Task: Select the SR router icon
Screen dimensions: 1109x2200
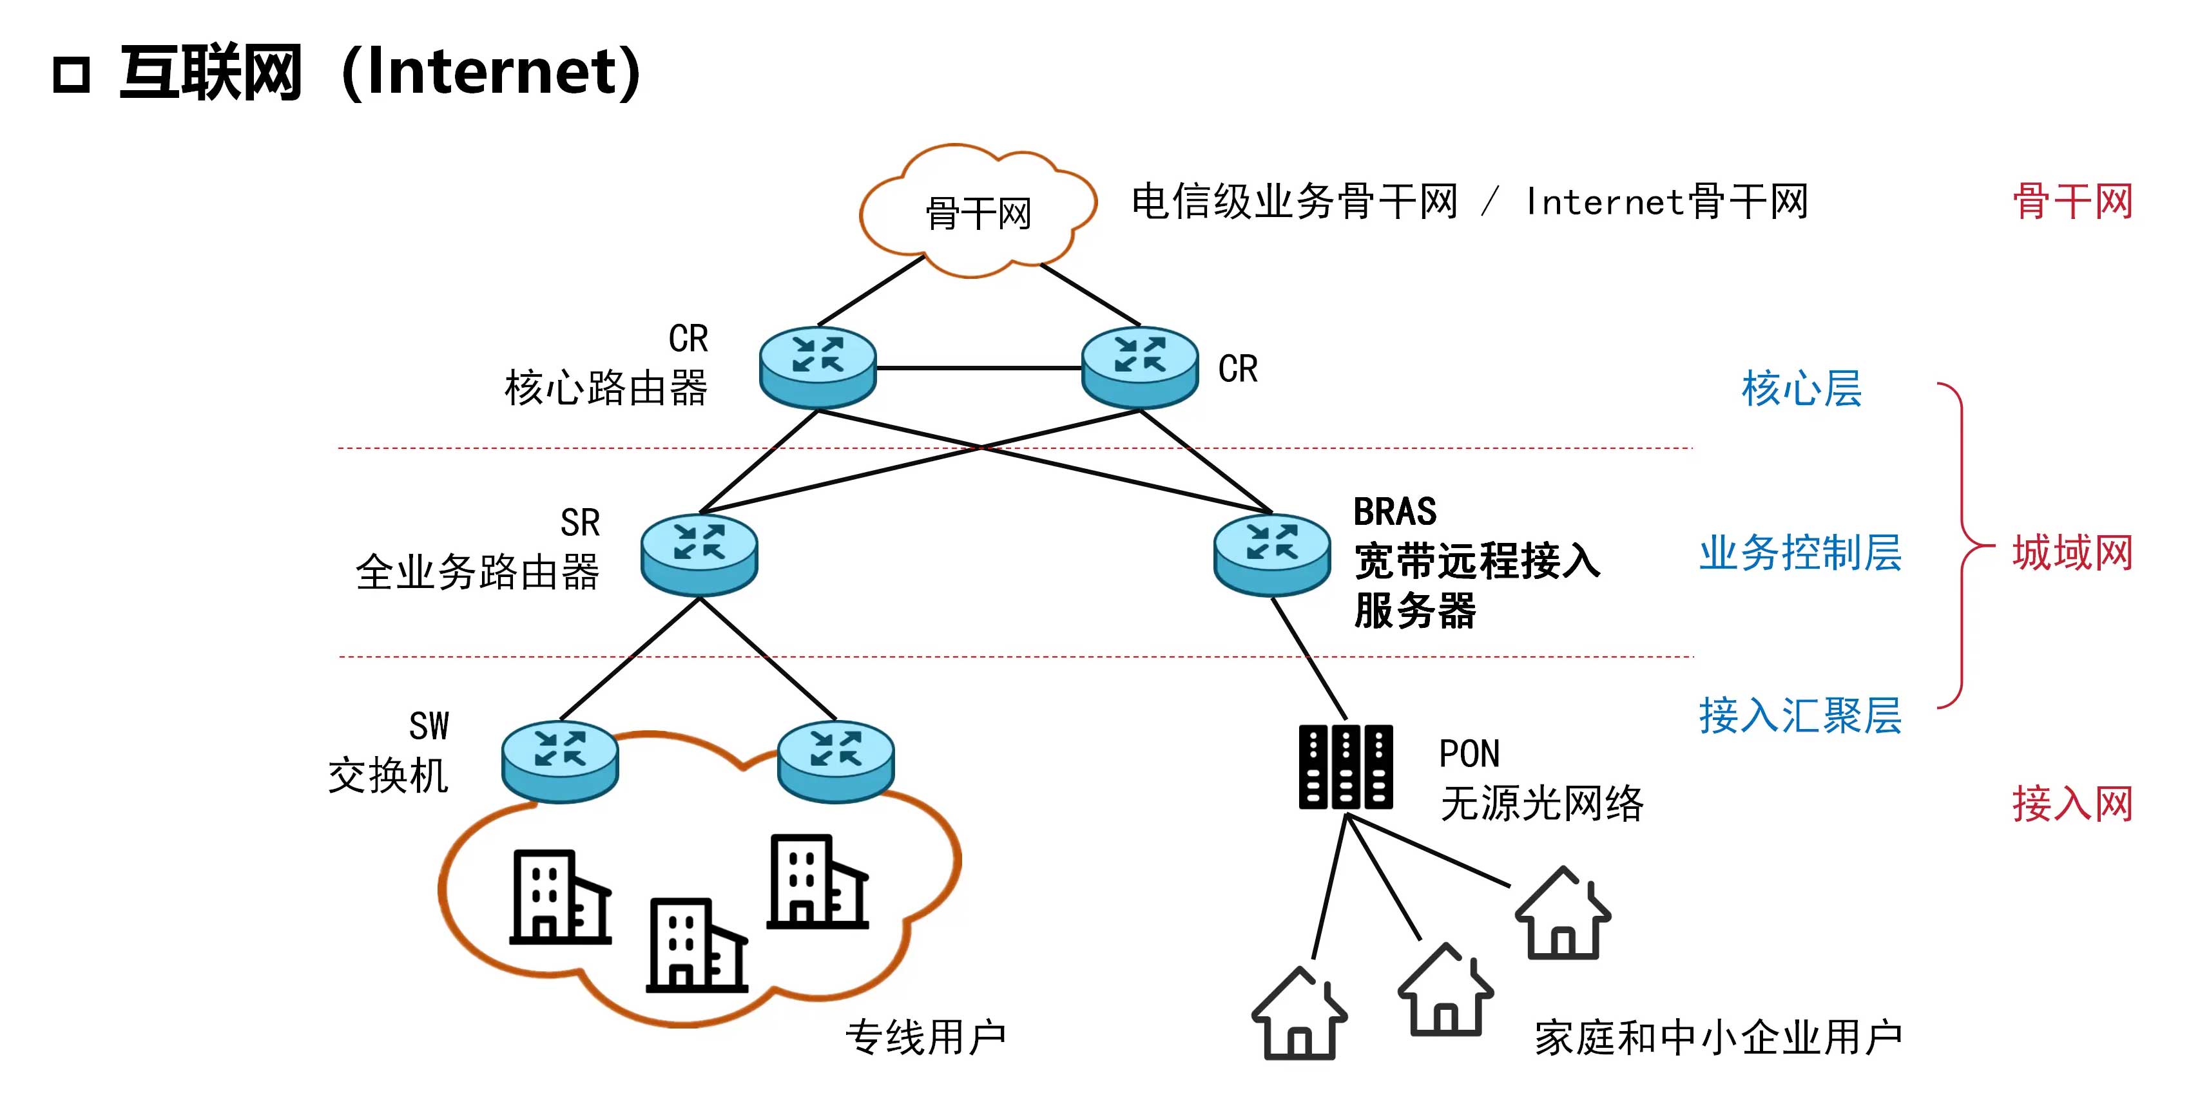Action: (x=699, y=553)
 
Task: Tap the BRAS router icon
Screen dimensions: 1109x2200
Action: (x=1271, y=553)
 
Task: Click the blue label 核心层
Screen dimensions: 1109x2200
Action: (x=1801, y=388)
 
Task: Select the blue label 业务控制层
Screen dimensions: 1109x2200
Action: (x=1800, y=553)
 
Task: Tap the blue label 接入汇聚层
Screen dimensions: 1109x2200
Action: (x=1800, y=715)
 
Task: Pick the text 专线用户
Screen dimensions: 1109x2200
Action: (x=926, y=1038)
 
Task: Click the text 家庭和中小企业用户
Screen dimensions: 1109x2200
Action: (x=1719, y=1038)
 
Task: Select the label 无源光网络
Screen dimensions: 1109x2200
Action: (x=1541, y=802)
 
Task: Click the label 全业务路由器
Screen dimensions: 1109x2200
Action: (x=478, y=571)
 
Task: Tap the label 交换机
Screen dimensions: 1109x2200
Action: (x=389, y=776)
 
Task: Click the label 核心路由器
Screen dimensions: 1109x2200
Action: (x=606, y=388)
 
